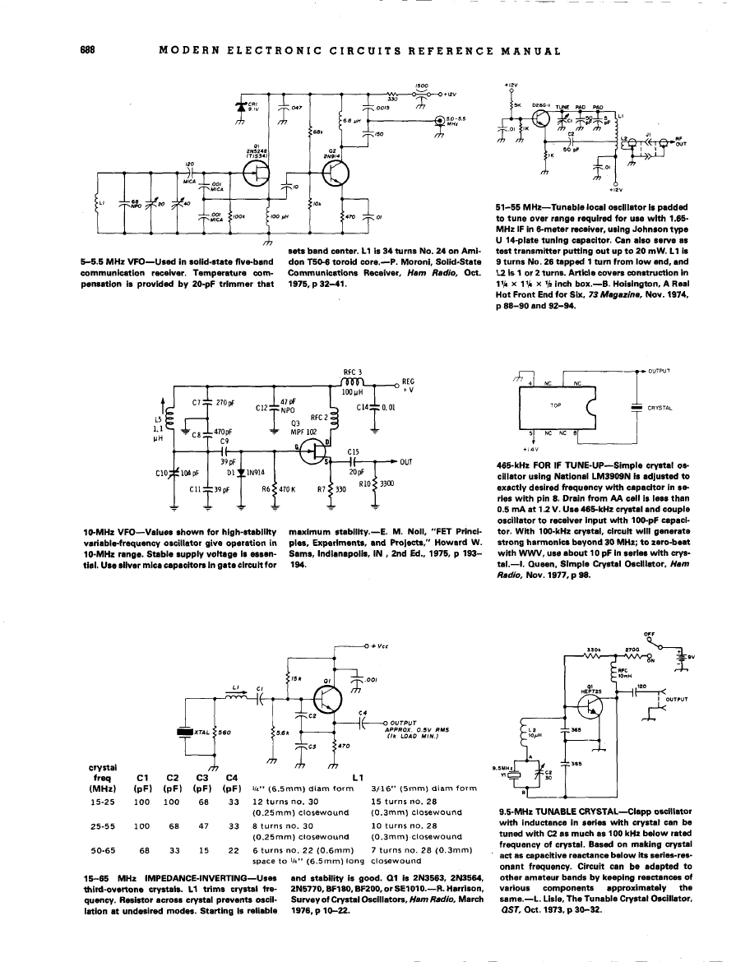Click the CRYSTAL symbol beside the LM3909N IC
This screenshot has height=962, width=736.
(636, 406)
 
